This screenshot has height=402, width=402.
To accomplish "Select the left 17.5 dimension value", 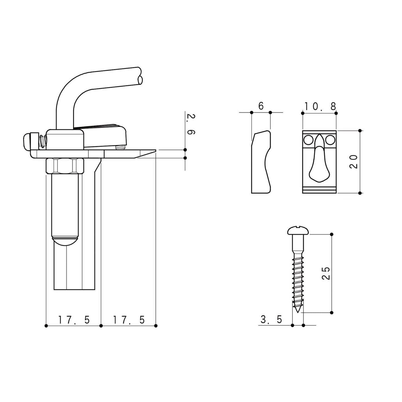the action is [x=74, y=320].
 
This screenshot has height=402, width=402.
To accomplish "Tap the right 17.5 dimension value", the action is [x=129, y=320].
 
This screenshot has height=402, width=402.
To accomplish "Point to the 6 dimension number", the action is [x=261, y=106].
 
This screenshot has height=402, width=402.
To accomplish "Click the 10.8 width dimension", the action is [x=320, y=106].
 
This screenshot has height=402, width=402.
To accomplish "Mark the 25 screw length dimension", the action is [x=326, y=273].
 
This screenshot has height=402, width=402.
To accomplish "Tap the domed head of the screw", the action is [x=298, y=231].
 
